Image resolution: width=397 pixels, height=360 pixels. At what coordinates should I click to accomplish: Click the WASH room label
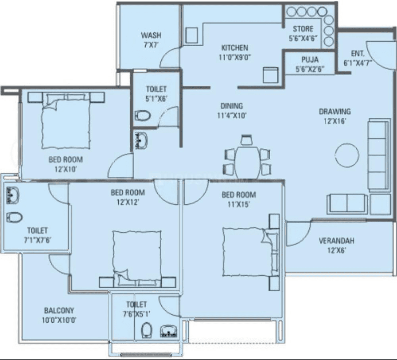pyautogui.click(x=151, y=35)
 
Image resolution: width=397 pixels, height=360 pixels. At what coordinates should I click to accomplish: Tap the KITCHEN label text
pyautogui.click(x=235, y=48)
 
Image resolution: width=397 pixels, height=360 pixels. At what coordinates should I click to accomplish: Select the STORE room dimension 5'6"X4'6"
pyautogui.click(x=303, y=38)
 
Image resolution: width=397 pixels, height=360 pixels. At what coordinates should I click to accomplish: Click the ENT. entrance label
pyautogui.click(x=358, y=52)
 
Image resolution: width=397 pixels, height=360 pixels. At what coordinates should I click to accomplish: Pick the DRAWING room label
pyautogui.click(x=335, y=112)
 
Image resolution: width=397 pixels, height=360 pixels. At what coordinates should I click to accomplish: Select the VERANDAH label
pyautogui.click(x=336, y=241)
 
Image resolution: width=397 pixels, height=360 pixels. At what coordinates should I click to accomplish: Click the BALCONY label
pyautogui.click(x=59, y=310)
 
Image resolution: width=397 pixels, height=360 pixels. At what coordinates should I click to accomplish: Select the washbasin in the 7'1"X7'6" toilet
pyautogui.click(x=12, y=195)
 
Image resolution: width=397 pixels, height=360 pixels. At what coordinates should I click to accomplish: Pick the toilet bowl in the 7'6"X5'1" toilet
pyautogui.click(x=146, y=329)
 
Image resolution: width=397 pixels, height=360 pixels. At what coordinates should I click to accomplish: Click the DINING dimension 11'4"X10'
pyautogui.click(x=232, y=116)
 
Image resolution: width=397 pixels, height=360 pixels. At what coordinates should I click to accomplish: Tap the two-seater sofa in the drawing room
pyautogui.click(x=347, y=204)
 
